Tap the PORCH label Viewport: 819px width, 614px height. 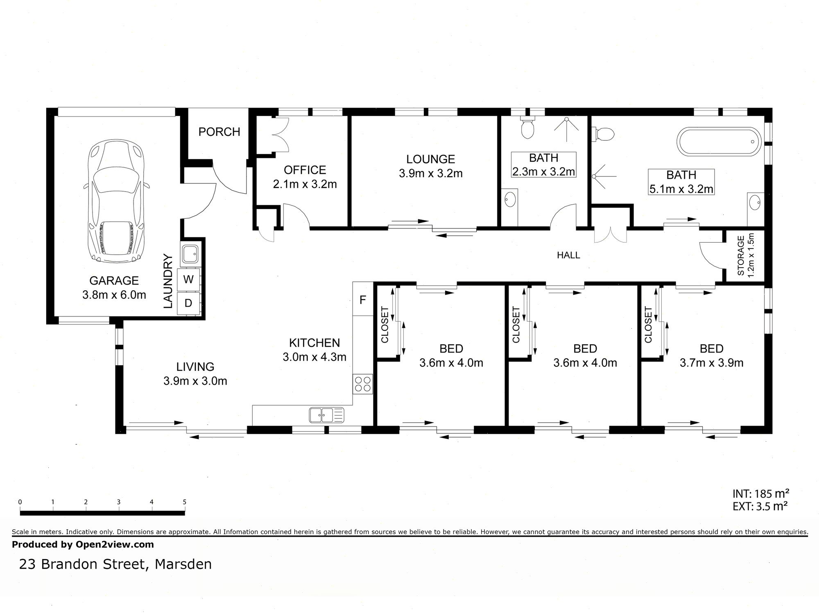click(x=219, y=132)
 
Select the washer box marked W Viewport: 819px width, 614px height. click(x=188, y=280)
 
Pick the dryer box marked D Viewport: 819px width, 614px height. click(x=188, y=303)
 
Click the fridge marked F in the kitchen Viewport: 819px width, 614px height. click(x=363, y=300)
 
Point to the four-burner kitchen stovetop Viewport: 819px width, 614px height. click(x=363, y=384)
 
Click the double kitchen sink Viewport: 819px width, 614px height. click(x=326, y=415)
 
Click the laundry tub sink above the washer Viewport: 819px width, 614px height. click(x=190, y=253)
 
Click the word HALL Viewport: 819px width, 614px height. click(x=568, y=255)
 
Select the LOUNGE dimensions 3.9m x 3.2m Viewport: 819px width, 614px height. click(x=431, y=174)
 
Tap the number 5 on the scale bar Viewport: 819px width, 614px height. click(x=185, y=502)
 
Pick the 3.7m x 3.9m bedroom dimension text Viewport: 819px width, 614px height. click(x=711, y=363)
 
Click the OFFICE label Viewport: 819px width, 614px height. click(x=305, y=170)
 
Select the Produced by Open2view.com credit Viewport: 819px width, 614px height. click(x=83, y=544)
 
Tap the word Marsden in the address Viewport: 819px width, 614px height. click(x=183, y=564)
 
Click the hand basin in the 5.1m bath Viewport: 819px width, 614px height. click(x=755, y=202)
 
